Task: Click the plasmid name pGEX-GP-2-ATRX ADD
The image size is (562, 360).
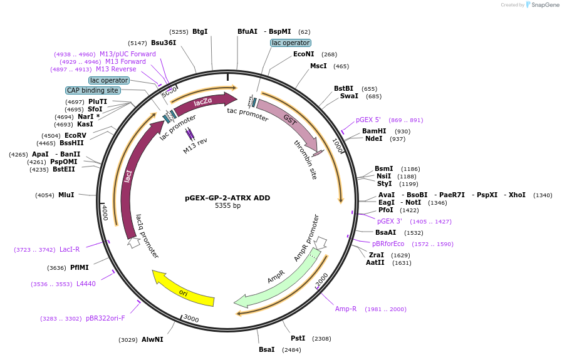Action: pos(227,198)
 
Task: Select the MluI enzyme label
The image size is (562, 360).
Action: pos(66,195)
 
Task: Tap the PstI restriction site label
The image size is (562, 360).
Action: pos(298,338)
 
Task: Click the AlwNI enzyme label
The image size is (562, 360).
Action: pos(152,339)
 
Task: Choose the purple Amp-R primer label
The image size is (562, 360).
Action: pos(346,309)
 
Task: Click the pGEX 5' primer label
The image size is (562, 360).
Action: pos(368,120)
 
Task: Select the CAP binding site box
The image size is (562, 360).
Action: pos(93,90)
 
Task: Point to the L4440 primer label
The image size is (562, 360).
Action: pos(86,284)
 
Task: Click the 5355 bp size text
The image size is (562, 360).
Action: pos(227,206)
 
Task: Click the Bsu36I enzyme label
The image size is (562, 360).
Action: pos(164,43)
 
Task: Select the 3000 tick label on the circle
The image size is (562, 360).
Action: pos(191,319)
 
